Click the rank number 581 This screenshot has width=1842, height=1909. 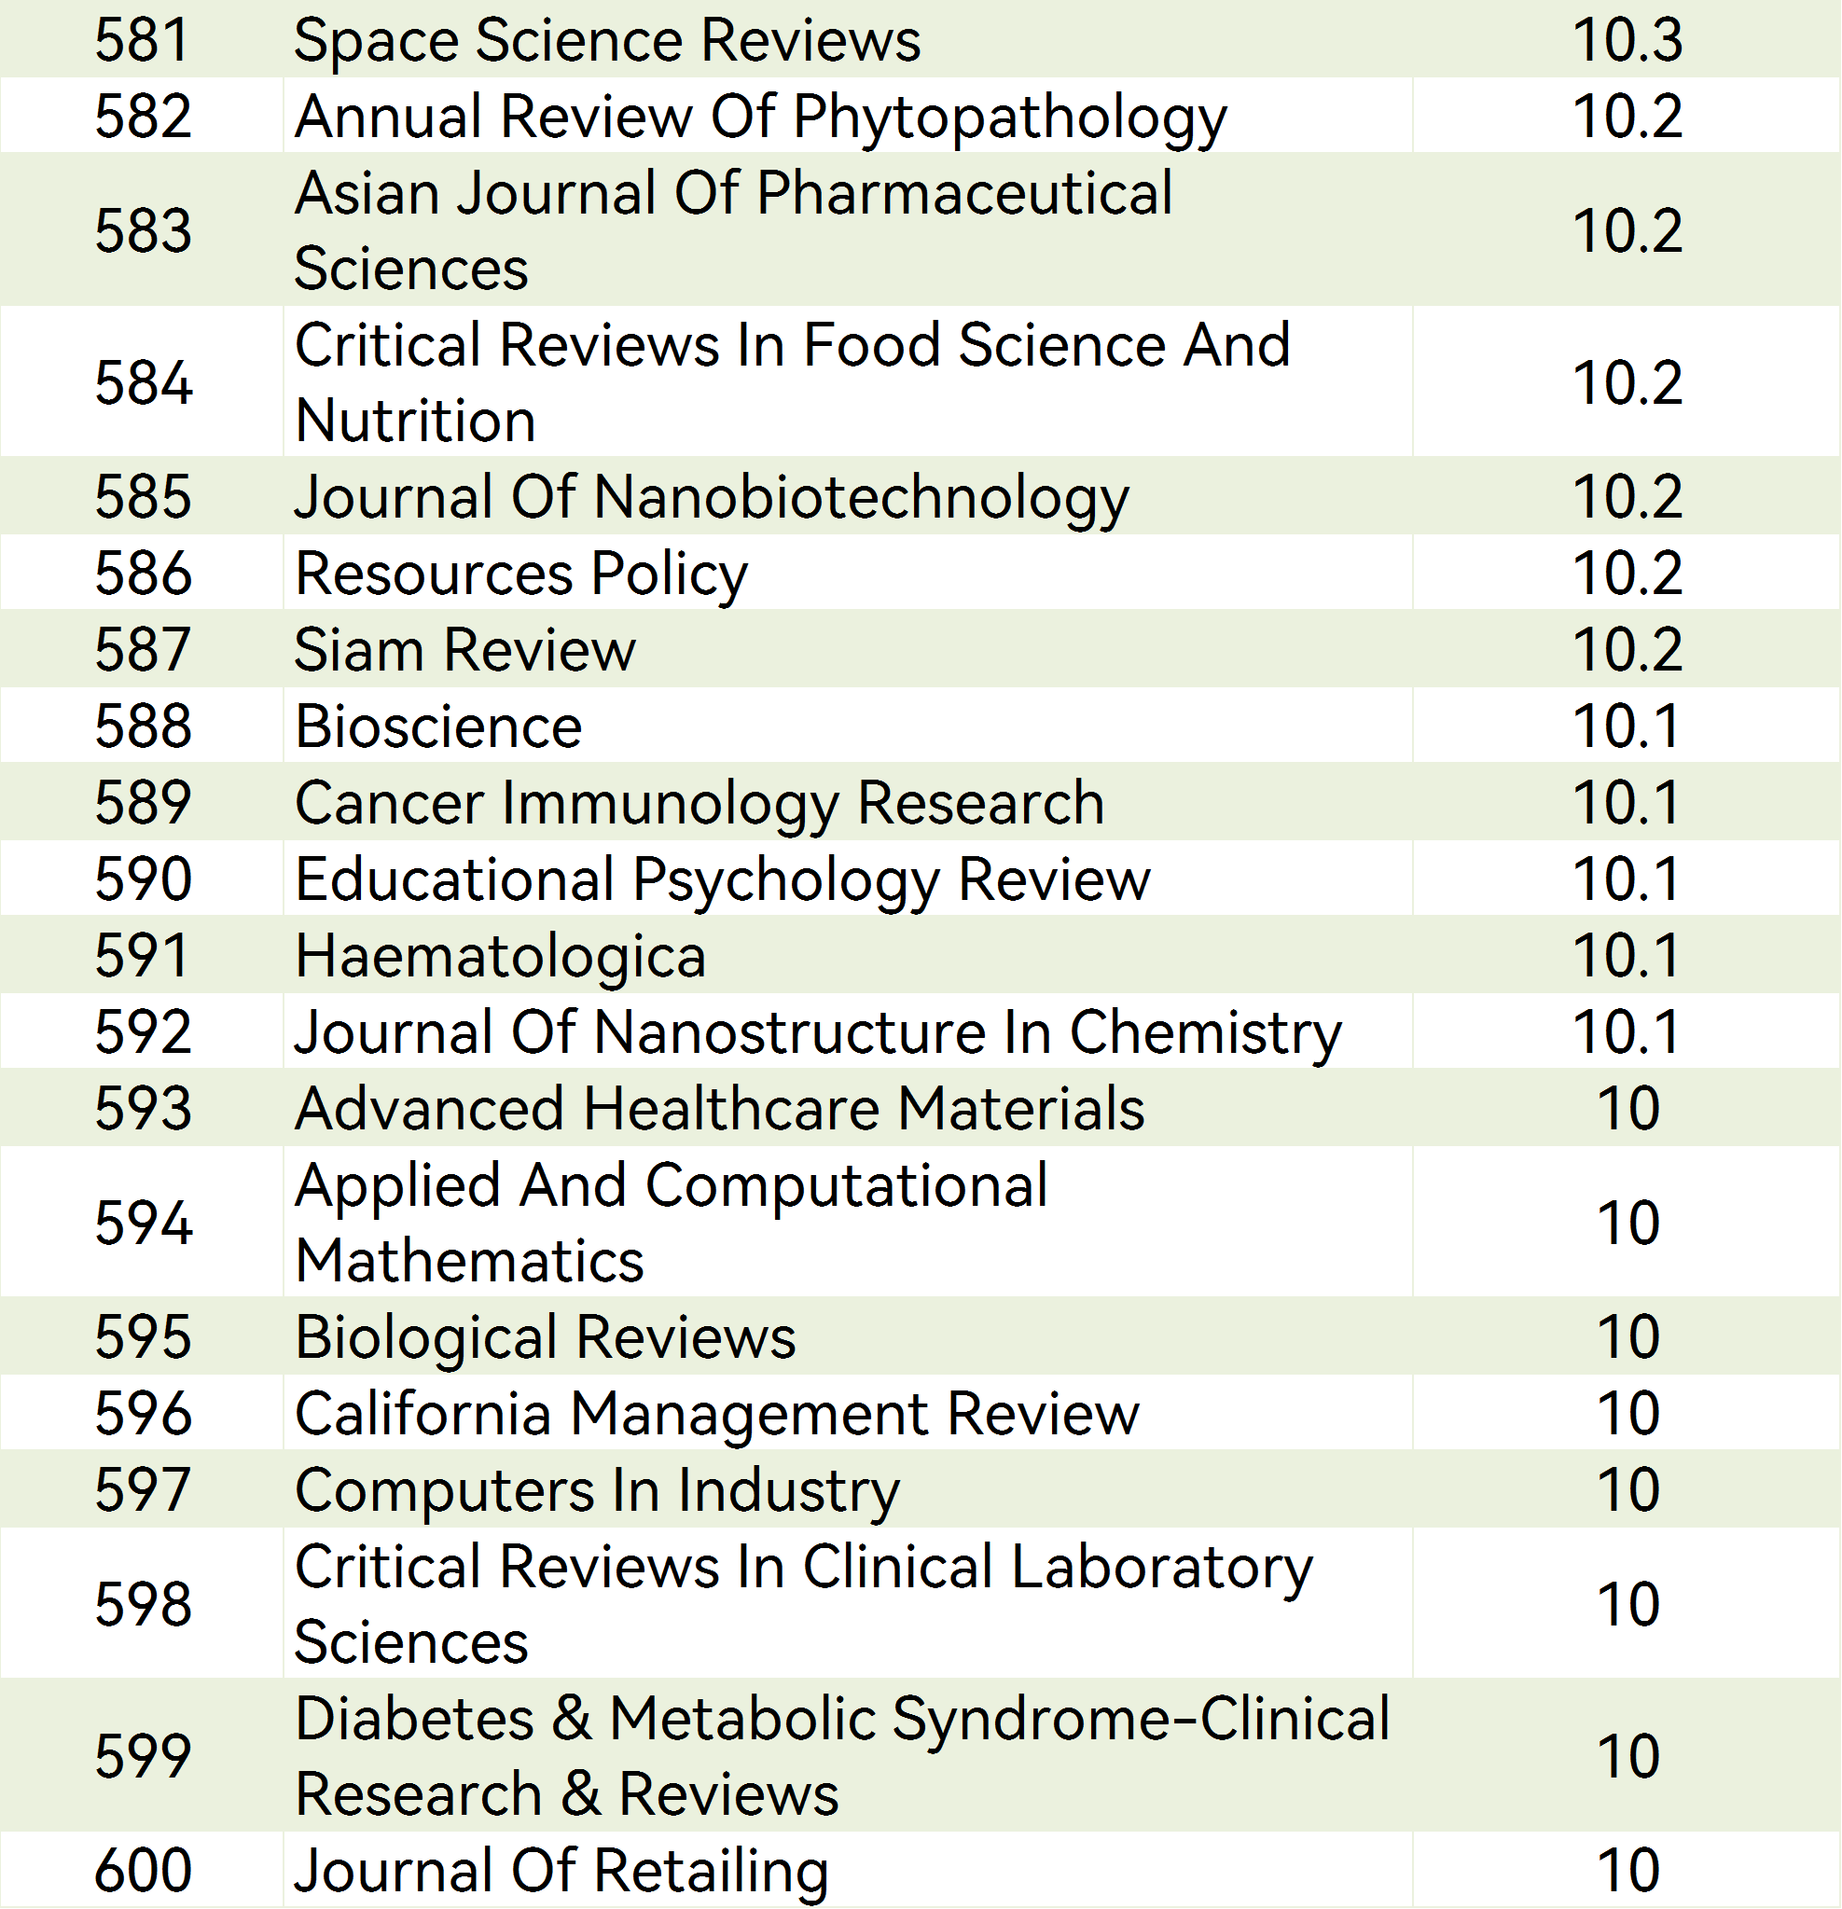coord(142,40)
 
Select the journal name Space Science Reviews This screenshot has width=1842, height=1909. coord(607,40)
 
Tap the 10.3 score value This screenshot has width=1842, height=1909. coord(1627,40)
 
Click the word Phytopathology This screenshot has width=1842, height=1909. coord(1009,118)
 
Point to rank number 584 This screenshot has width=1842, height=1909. coord(144,381)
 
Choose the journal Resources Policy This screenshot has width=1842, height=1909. coord(521,573)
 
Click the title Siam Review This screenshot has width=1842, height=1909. coord(464,650)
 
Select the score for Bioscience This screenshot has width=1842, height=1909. coord(1627,726)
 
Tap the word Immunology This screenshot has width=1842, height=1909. coord(671,804)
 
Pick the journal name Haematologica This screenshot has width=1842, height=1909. coord(501,956)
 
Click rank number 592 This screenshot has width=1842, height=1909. coord(144,1031)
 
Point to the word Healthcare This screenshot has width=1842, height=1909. coord(732,1109)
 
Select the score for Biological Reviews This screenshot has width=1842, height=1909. coord(1627,1336)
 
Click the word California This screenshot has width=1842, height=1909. coord(423,1413)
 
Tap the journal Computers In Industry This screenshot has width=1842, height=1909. coord(597,1490)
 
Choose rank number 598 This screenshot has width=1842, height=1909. coord(144,1603)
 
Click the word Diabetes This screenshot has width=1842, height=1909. coord(415,1718)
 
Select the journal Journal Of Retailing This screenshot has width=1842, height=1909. coord(561,1870)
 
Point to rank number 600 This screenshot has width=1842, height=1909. coord(144,1870)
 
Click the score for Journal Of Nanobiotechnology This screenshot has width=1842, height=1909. coord(1627,497)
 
